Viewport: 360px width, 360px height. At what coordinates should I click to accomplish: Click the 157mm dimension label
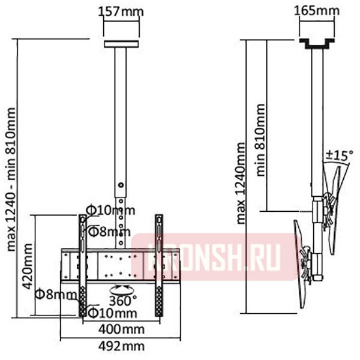(x=121, y=12)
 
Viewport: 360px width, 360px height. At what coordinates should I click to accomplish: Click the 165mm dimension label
(x=317, y=10)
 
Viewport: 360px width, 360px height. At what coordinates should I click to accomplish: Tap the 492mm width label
(x=122, y=346)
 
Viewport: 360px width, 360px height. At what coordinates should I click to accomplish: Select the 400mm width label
(x=122, y=329)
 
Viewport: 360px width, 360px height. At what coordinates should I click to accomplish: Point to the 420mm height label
(x=28, y=266)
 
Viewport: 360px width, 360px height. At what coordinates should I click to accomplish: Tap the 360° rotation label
(x=123, y=301)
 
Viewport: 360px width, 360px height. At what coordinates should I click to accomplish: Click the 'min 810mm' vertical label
(x=260, y=140)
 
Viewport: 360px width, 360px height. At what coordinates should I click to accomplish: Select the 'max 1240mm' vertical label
(x=241, y=183)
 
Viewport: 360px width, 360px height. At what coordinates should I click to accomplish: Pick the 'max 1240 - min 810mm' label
(x=11, y=179)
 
